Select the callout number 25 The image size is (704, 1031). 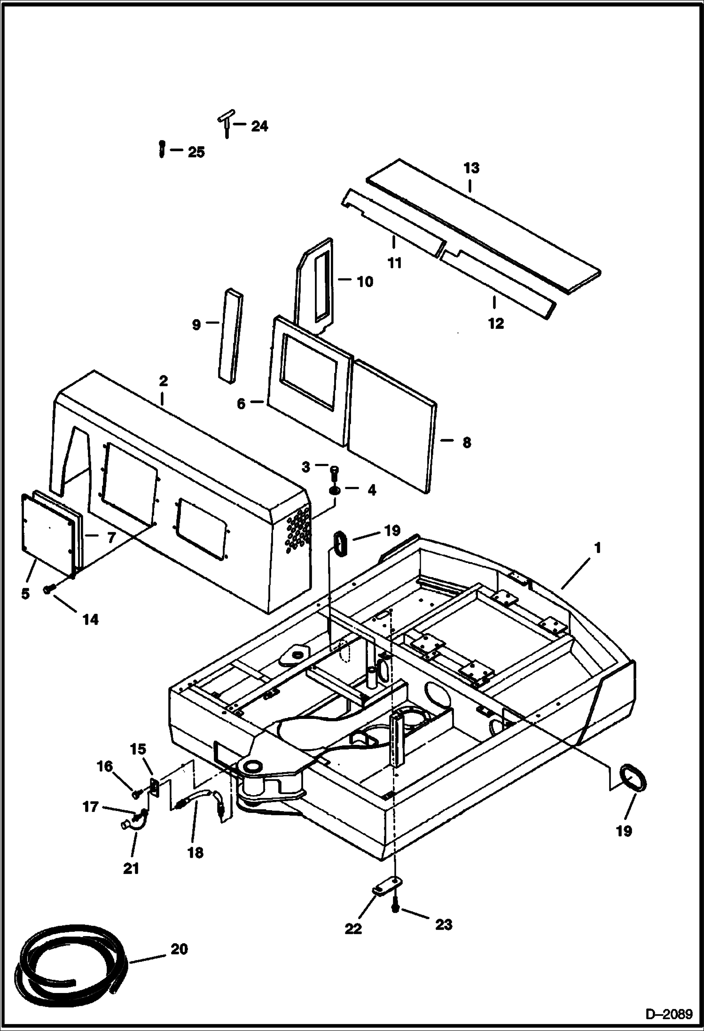196,152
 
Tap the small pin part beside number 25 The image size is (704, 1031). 162,149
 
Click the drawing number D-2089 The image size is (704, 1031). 669,1015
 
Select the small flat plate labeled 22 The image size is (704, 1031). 384,887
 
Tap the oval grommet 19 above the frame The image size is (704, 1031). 341,544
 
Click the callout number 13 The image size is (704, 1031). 471,168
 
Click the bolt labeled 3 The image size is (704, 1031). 335,470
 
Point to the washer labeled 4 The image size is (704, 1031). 335,491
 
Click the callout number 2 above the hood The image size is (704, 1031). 163,380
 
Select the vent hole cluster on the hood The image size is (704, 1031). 298,530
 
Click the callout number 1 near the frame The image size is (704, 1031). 597,548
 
